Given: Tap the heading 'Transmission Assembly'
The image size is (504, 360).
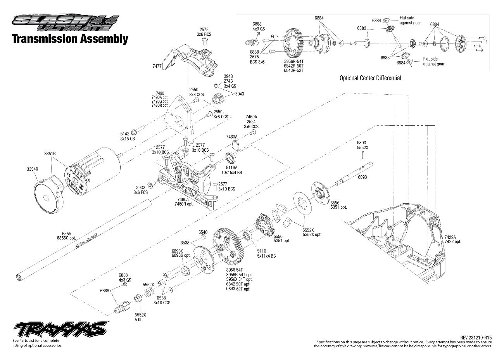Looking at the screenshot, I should click(70, 39).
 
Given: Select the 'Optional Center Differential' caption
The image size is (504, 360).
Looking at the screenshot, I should click(370, 78).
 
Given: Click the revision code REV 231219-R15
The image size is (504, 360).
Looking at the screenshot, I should click(476, 338).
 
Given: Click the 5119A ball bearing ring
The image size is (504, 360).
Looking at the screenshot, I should click(231, 158).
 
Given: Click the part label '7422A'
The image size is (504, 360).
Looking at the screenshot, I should click(450, 237).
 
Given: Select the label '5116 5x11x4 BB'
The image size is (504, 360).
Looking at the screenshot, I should click(266, 254).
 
